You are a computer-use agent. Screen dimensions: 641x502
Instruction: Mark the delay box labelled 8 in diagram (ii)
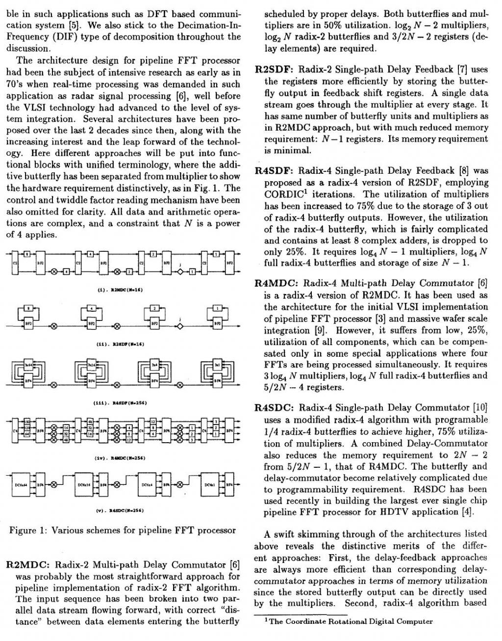(x=28, y=308)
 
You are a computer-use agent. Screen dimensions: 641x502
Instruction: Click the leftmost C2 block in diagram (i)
(x=15, y=263)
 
